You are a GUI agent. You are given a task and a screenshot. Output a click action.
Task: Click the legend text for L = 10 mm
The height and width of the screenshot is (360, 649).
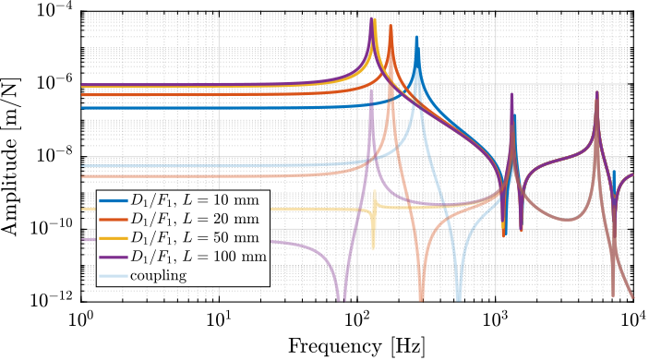(195, 200)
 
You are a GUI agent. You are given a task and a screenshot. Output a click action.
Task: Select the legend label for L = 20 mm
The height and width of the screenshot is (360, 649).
(195, 219)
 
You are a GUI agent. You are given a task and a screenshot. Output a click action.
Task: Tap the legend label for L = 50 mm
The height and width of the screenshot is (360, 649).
(195, 237)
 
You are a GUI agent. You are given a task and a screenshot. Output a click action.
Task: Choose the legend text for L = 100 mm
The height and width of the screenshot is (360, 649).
(198, 256)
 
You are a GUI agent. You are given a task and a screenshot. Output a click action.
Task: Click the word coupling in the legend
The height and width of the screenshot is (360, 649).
(158, 275)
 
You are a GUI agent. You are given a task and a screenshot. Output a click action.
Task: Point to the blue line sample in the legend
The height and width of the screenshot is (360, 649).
(114, 200)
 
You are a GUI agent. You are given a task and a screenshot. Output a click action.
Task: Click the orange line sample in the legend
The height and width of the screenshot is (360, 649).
(114, 219)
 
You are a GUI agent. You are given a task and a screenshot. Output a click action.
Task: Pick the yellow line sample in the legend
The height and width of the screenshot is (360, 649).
(114, 237)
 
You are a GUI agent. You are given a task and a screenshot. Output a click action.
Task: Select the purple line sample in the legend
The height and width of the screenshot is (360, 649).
(114, 256)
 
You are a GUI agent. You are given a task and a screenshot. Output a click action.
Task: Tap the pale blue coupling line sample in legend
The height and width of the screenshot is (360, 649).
(114, 275)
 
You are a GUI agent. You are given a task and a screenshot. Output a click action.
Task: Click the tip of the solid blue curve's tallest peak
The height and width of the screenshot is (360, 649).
(416, 37)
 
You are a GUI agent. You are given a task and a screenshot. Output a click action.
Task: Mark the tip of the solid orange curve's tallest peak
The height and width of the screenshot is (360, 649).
(391, 26)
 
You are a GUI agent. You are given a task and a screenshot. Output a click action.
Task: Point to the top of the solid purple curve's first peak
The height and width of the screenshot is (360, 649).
(372, 18)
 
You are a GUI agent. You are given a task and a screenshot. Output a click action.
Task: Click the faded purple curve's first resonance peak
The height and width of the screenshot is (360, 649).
(371, 90)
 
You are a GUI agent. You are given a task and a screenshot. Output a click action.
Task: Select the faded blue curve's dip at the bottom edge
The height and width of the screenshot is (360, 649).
(458, 297)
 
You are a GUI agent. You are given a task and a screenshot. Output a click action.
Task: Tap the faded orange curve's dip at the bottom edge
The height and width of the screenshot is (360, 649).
(421, 297)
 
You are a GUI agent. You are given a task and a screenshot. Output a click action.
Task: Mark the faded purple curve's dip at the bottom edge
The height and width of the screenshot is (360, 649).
(340, 297)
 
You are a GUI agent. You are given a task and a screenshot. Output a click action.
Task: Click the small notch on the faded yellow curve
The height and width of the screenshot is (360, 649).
(374, 246)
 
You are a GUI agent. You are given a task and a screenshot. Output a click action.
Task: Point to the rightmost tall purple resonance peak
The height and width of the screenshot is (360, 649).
(596, 92)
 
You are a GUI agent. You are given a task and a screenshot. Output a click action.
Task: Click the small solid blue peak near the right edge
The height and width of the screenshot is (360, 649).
(614, 172)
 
